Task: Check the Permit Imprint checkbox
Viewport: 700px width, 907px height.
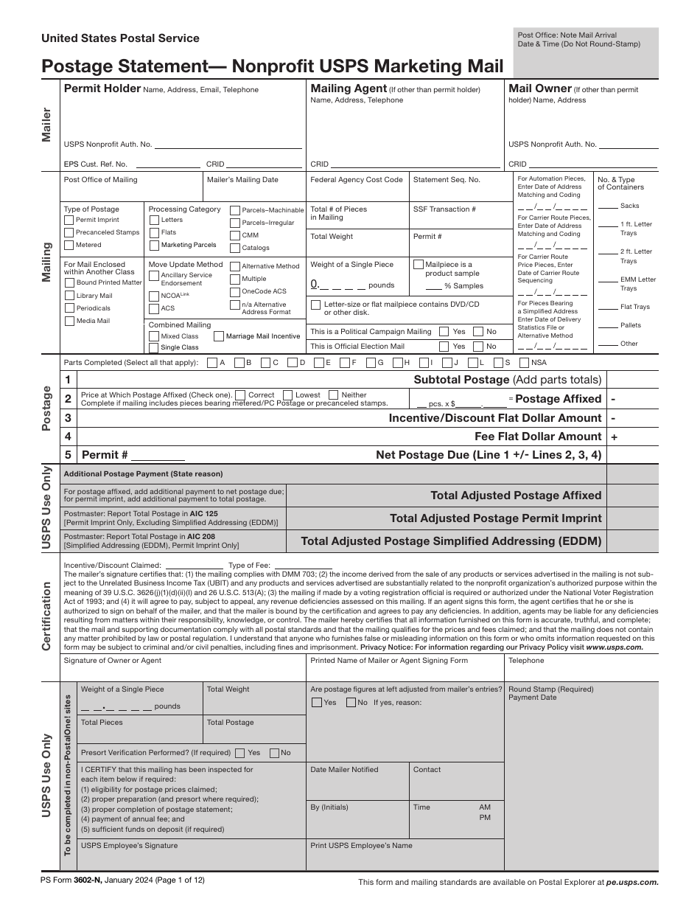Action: point(69,220)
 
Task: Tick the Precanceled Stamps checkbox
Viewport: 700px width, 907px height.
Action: point(69,232)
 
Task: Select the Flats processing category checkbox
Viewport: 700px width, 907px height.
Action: point(154,232)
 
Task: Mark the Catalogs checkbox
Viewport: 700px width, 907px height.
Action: point(235,248)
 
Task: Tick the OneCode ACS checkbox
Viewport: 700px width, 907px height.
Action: point(235,291)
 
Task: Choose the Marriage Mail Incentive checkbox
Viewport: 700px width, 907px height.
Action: point(220,336)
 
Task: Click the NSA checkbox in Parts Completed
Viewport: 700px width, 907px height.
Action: point(524,363)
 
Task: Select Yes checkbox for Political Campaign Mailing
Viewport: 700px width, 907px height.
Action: point(444,332)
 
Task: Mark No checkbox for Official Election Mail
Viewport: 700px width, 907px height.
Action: point(478,346)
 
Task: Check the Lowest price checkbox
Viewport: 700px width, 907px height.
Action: point(288,395)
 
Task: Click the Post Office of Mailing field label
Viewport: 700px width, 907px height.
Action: point(100,179)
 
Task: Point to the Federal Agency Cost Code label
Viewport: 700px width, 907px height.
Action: point(357,179)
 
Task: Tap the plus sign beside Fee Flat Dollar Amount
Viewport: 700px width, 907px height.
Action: point(614,437)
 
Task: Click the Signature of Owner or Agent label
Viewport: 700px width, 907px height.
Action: point(113,661)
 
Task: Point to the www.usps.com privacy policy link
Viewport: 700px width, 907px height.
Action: point(615,647)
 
